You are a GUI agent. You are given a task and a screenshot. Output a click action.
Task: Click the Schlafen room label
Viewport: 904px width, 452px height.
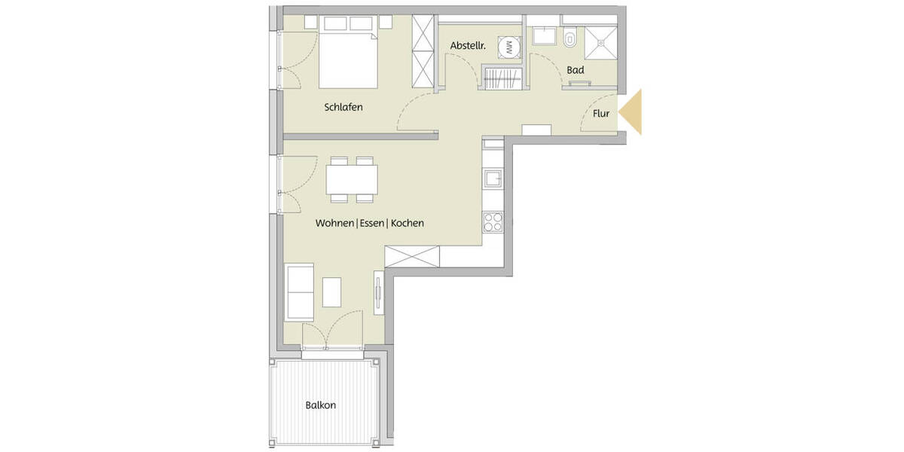point(344,107)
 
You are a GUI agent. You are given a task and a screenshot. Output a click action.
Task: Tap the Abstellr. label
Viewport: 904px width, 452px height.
point(467,47)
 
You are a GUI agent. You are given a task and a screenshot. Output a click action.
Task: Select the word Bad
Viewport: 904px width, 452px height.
point(576,70)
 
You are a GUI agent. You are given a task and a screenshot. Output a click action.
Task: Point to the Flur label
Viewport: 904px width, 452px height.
point(601,115)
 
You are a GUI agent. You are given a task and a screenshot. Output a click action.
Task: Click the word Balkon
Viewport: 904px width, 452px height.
point(320,405)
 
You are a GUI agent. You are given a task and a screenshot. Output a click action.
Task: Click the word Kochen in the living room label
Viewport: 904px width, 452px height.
point(408,223)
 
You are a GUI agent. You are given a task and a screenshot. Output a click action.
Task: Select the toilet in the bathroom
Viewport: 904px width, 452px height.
point(570,38)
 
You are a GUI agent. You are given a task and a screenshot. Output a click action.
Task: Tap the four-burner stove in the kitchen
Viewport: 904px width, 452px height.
point(493,222)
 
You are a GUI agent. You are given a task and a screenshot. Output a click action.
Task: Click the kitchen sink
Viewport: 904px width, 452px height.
point(493,179)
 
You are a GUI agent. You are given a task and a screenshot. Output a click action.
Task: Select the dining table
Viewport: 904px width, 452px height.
point(352,180)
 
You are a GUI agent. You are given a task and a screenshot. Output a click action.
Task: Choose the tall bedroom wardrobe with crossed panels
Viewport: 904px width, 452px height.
point(424,52)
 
